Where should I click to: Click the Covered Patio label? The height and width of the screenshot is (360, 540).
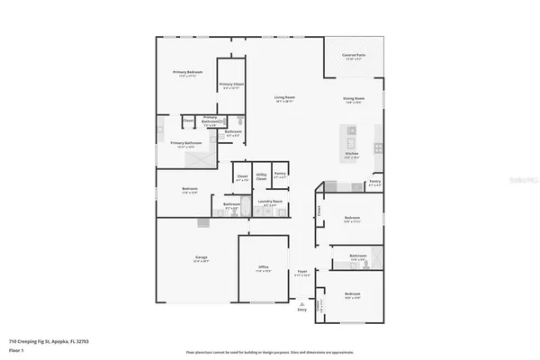(x=354, y=55)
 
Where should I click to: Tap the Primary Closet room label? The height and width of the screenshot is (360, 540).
(x=229, y=85)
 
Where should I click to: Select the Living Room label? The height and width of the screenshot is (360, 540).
(x=285, y=97)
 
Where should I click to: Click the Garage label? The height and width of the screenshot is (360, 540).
(x=202, y=258)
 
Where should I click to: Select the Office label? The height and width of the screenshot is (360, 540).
(x=263, y=266)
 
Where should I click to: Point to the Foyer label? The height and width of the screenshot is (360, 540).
(x=302, y=271)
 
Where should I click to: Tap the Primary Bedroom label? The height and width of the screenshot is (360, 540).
(x=188, y=71)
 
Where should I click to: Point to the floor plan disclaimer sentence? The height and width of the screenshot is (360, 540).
(x=269, y=352)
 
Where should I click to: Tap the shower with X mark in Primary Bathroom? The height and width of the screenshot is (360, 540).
(x=199, y=157)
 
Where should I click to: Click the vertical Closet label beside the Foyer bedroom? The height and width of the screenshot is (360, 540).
(x=319, y=211)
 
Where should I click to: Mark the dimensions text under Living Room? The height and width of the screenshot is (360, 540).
(x=285, y=102)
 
